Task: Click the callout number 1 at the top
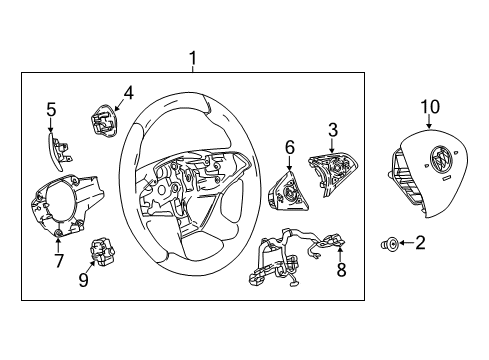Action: click(195, 59)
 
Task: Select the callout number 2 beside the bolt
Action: click(420, 241)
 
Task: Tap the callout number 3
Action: click(332, 129)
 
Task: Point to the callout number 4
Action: click(128, 94)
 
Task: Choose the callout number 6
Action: click(289, 147)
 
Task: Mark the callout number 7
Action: click(59, 262)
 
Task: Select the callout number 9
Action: click(84, 280)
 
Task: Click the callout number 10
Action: click(429, 106)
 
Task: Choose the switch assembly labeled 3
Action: click(329, 166)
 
